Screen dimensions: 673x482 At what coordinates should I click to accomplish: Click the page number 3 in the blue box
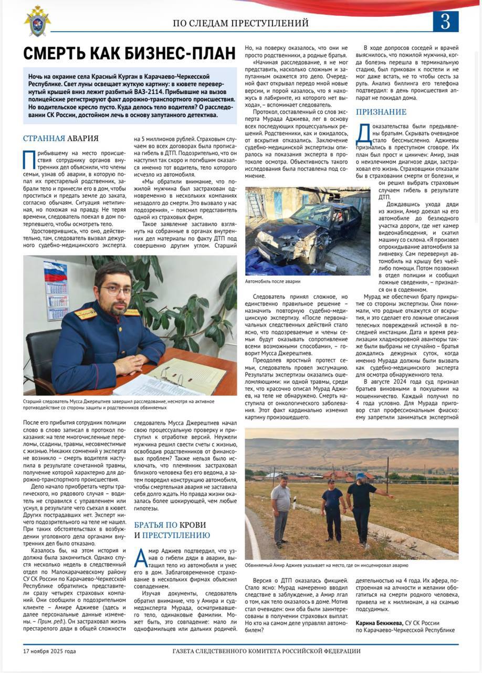[445, 22]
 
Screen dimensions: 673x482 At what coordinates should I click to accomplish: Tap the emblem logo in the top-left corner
[37, 21]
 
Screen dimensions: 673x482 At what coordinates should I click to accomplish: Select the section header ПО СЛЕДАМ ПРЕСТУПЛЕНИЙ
[240, 23]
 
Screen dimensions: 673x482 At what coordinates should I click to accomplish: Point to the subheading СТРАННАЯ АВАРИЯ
[60, 138]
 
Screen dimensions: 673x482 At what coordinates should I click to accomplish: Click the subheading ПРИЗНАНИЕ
[381, 112]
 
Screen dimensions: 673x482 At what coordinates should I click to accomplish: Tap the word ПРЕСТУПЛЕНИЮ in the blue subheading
[176, 535]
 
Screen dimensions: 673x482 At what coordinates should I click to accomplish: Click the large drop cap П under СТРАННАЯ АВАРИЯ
[29, 159]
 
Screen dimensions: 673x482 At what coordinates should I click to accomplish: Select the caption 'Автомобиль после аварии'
[273, 281]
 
